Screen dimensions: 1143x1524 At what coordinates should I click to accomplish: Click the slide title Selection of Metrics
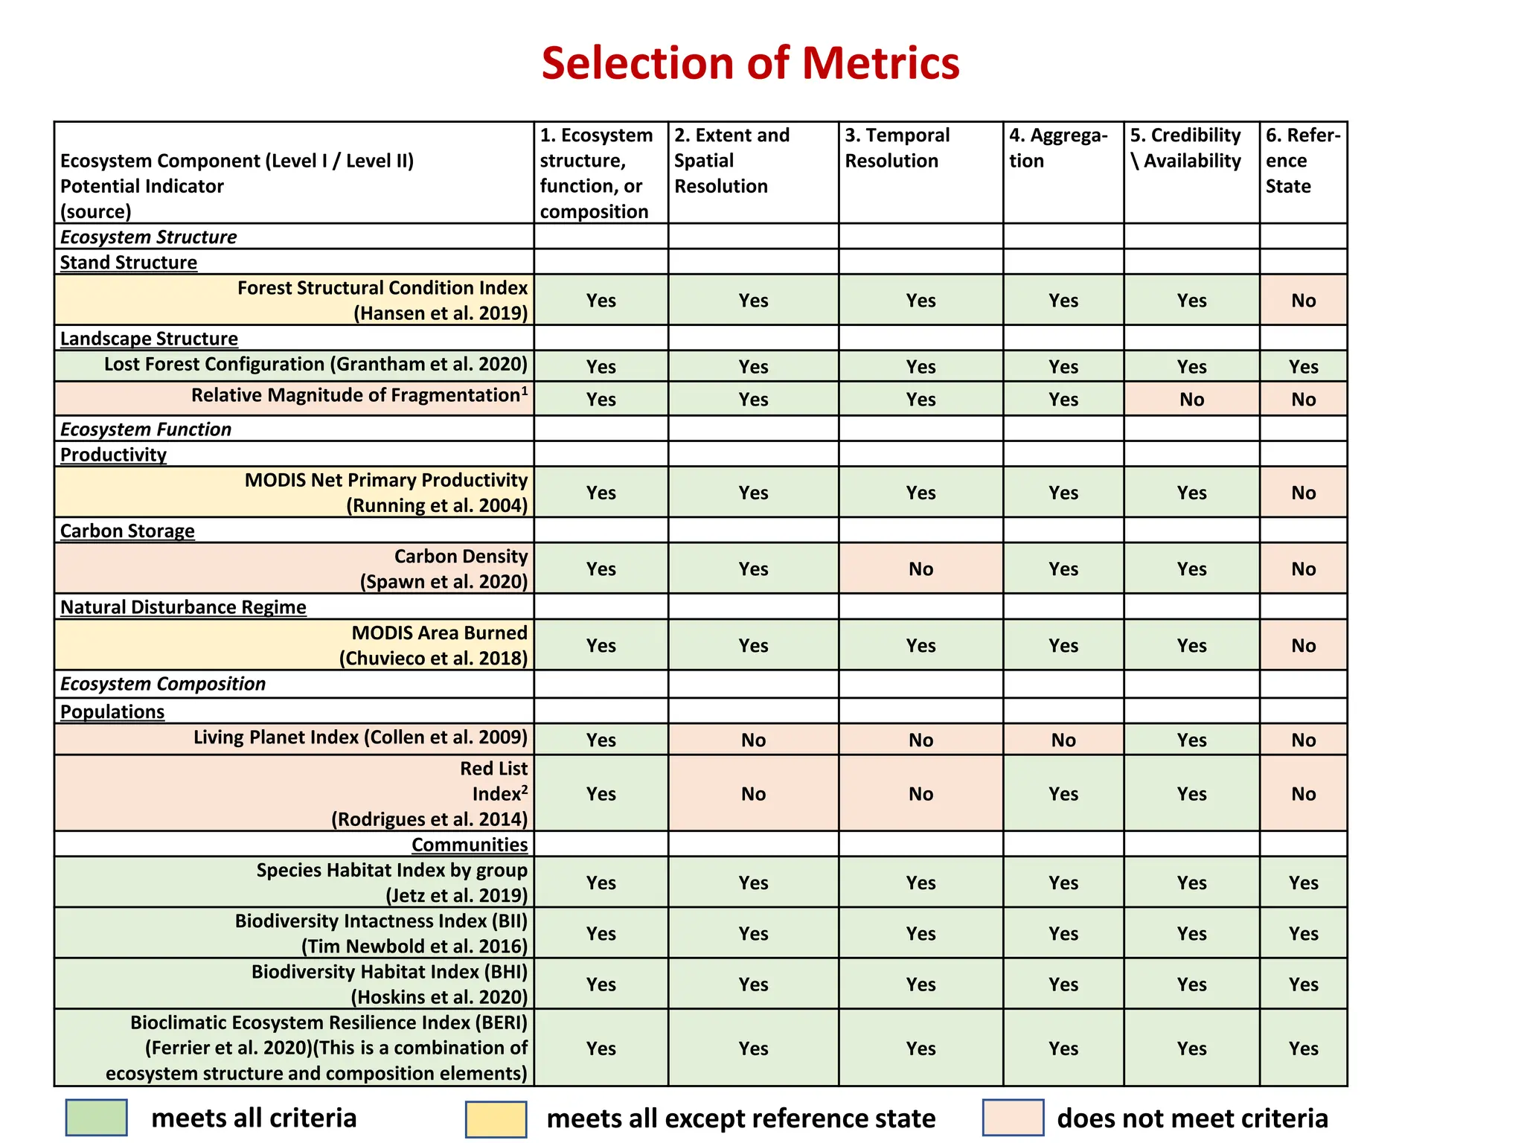(x=750, y=63)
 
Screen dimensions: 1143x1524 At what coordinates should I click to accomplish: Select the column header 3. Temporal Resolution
(x=897, y=148)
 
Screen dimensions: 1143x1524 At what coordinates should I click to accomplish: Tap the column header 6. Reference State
(x=1302, y=161)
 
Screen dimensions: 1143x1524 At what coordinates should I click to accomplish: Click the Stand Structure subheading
(x=129, y=263)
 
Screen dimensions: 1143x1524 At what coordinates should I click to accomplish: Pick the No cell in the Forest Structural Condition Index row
(x=1303, y=301)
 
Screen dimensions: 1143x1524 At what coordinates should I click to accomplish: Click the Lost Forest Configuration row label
(x=316, y=365)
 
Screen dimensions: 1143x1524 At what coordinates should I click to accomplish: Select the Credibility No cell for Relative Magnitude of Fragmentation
(x=1191, y=400)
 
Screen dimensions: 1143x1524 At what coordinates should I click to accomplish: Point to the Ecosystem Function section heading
(x=146, y=429)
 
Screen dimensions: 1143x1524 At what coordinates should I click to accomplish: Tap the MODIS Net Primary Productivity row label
(x=385, y=493)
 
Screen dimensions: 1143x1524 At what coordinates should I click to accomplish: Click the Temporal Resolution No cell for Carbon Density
(x=921, y=569)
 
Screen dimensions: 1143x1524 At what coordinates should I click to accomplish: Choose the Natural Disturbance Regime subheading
(x=183, y=607)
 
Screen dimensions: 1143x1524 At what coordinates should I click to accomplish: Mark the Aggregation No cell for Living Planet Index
(x=1063, y=740)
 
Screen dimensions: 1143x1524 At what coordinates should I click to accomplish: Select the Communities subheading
(x=470, y=845)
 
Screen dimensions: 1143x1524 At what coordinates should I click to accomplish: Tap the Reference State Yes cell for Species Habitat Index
(x=1303, y=883)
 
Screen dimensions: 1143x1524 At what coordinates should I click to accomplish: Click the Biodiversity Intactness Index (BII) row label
(x=381, y=933)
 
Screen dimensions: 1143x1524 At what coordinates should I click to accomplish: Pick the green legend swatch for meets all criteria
(x=96, y=1118)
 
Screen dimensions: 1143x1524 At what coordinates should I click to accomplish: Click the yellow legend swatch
(x=496, y=1119)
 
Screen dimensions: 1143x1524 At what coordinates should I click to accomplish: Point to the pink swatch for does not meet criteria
(x=1013, y=1118)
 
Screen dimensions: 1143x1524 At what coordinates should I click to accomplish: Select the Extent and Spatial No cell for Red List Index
(x=753, y=794)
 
